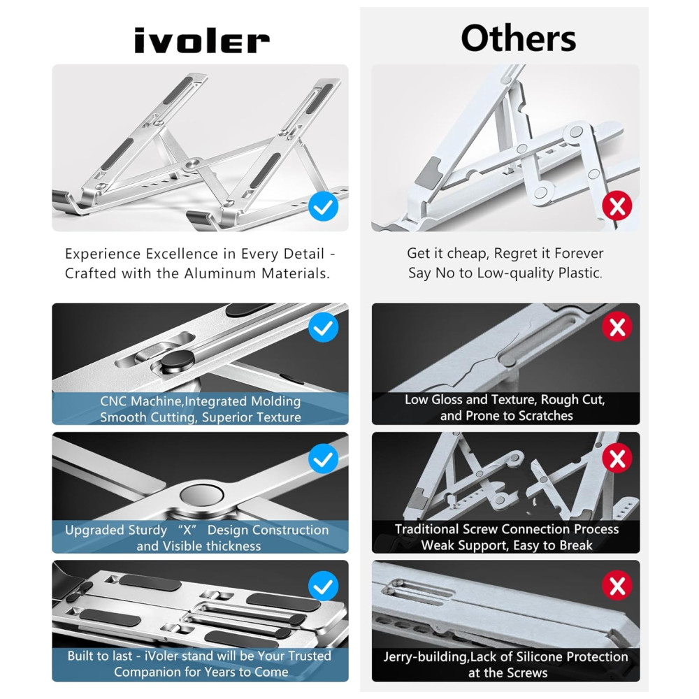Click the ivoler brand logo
click(x=202, y=41)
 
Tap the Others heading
click(x=519, y=38)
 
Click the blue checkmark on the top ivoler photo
click(x=323, y=206)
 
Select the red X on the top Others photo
click(x=617, y=206)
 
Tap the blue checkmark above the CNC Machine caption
click(x=323, y=327)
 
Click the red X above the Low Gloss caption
click(x=617, y=326)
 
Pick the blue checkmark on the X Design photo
click(x=323, y=459)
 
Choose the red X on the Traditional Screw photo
click(x=617, y=459)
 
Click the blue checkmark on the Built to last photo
click(x=323, y=586)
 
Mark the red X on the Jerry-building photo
click(x=617, y=585)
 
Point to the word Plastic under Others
click(x=579, y=273)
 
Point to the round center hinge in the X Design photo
click(x=201, y=496)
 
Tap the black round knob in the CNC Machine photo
click(x=178, y=360)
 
